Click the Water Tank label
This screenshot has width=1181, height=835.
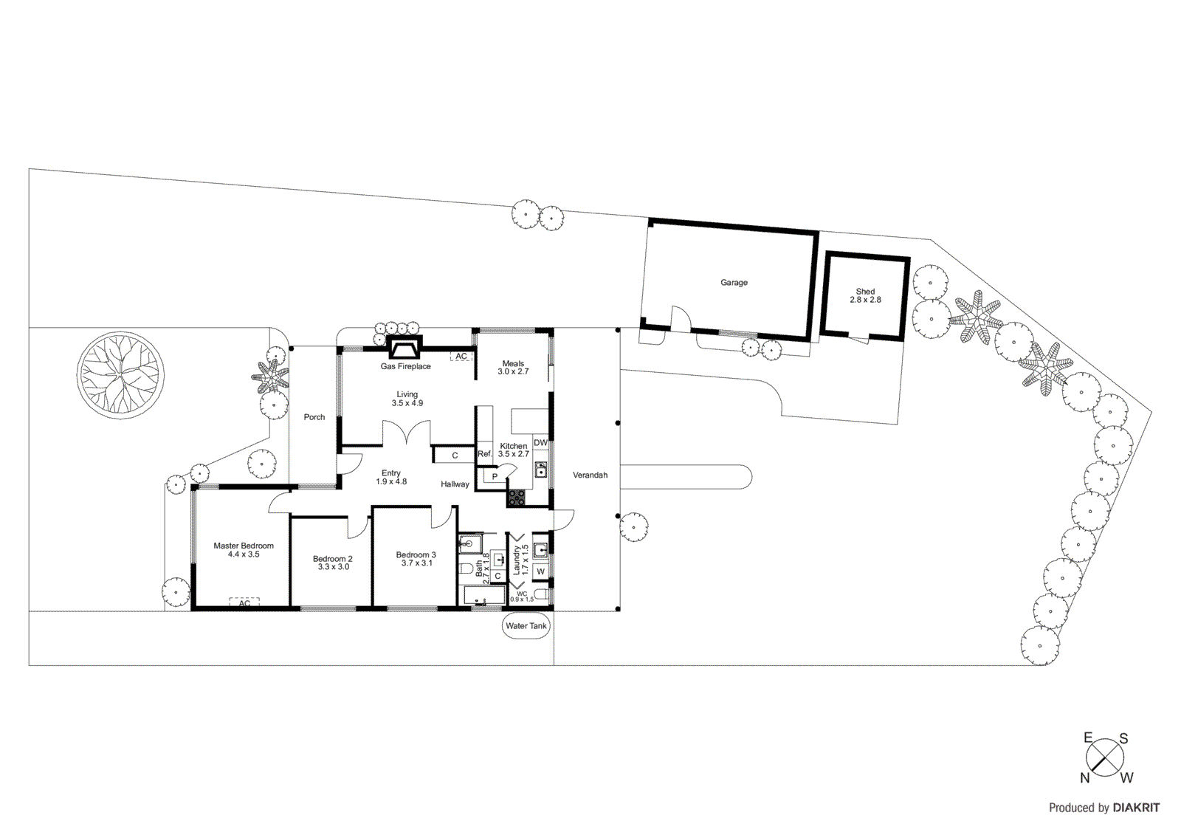526,626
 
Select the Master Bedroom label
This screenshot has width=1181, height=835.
244,546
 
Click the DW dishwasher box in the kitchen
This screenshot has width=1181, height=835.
541,443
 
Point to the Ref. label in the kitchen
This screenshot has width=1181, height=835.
484,454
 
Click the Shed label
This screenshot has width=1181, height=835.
865,292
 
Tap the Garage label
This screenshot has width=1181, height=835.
734,283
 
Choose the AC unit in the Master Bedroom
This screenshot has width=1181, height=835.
244,603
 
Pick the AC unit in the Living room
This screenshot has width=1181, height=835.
461,357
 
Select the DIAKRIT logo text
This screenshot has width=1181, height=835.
1136,808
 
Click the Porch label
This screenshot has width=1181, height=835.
314,417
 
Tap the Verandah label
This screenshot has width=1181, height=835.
590,475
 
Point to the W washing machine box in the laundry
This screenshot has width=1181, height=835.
541,571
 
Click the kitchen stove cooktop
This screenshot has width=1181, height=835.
515,498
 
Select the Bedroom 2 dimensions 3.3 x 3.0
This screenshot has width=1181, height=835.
333,567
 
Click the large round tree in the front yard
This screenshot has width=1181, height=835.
120,375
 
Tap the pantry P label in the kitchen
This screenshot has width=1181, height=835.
495,477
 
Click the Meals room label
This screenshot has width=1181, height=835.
513,363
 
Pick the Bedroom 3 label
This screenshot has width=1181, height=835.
416,555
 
